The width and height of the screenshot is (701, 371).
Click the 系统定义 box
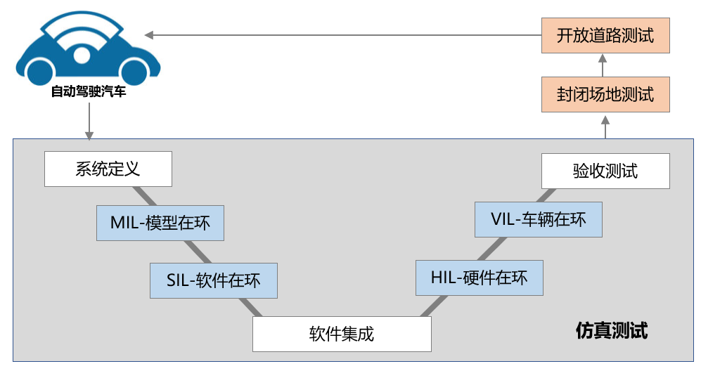(x=108, y=169)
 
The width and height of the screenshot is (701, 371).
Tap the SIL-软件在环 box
(x=213, y=280)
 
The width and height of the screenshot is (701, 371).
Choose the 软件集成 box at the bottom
(x=342, y=334)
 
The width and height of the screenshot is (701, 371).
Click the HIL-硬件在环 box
(x=479, y=278)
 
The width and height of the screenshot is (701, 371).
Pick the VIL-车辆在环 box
(x=538, y=219)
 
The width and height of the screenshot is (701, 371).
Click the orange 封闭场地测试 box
(x=605, y=94)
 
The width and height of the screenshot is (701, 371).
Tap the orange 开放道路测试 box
(x=605, y=36)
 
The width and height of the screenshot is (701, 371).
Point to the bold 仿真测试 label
(x=611, y=330)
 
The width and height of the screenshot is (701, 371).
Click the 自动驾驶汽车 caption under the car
(x=88, y=92)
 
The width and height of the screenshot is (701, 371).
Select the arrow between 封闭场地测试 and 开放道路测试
(x=605, y=65)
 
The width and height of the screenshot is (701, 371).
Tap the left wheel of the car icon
(x=40, y=70)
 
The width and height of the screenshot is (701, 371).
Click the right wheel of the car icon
(x=134, y=70)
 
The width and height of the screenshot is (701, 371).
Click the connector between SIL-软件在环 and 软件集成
(x=248, y=307)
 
